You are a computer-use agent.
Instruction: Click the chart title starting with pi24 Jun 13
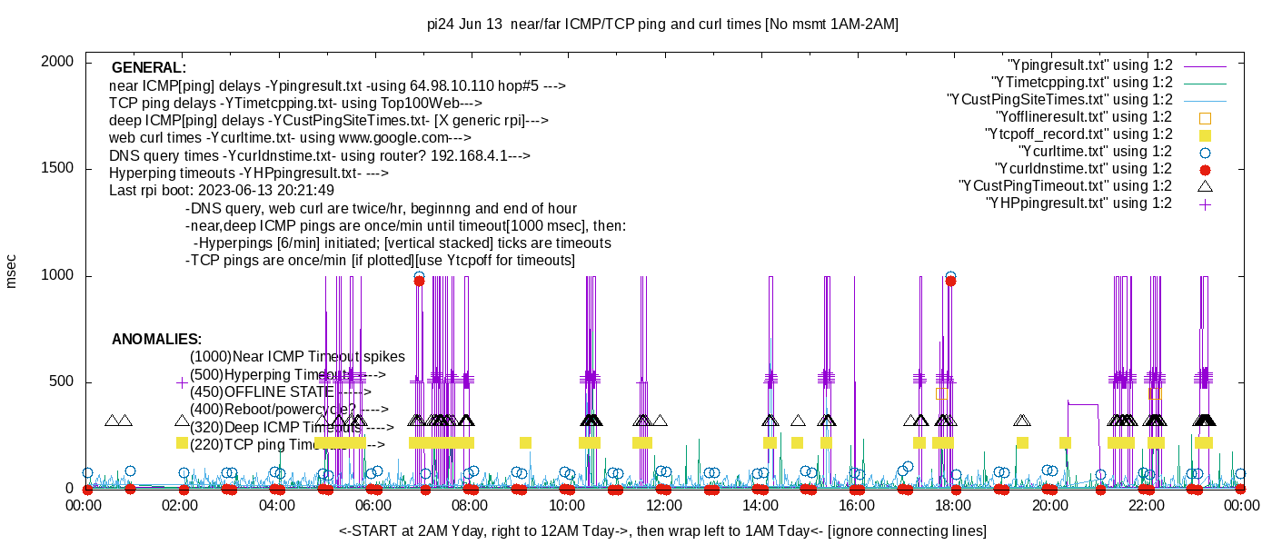pos(662,25)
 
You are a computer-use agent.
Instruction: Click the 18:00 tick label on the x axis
pos(952,505)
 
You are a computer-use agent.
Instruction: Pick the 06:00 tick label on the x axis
pos(373,505)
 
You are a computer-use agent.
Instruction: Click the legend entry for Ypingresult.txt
pos(1090,64)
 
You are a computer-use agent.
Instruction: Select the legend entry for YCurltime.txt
pos(1095,151)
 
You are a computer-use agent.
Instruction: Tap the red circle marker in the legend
pos(1206,169)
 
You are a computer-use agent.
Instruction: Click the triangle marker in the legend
pos(1206,186)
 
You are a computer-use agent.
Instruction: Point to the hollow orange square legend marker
pos(1206,117)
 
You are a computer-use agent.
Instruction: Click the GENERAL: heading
pos(149,68)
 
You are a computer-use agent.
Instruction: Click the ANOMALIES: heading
pos(156,340)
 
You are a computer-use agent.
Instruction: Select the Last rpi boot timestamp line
pos(222,191)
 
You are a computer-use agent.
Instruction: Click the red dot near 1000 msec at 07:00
pos(419,281)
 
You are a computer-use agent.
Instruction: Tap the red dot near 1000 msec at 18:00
pos(950,281)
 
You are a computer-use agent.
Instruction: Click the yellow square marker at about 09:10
pos(525,442)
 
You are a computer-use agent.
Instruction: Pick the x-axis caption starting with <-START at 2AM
pos(662,530)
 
